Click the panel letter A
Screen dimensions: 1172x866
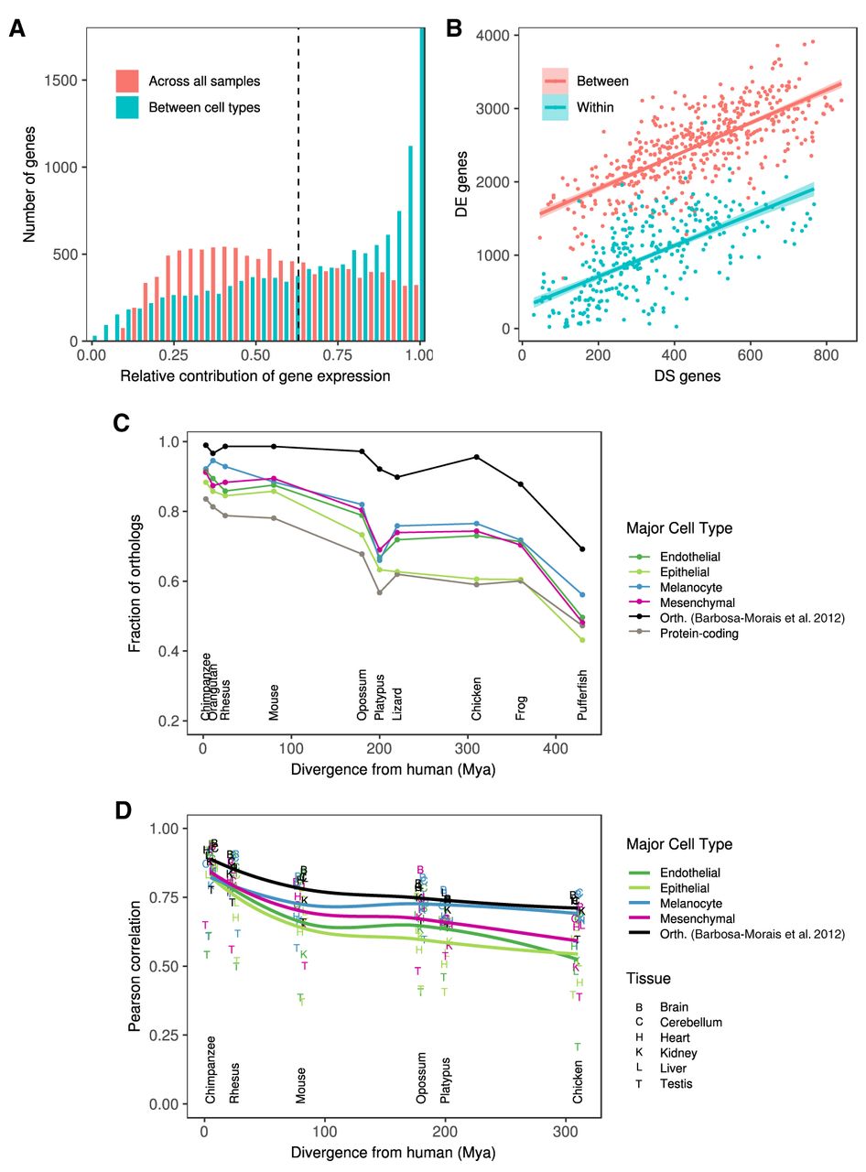tap(16, 28)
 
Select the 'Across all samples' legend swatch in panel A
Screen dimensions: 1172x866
tap(127, 81)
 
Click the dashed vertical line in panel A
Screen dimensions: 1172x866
tap(298, 183)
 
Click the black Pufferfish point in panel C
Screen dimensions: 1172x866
tap(582, 549)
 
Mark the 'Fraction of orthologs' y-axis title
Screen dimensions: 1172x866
tap(135, 582)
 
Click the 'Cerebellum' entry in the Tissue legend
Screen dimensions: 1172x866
tap(691, 1023)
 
